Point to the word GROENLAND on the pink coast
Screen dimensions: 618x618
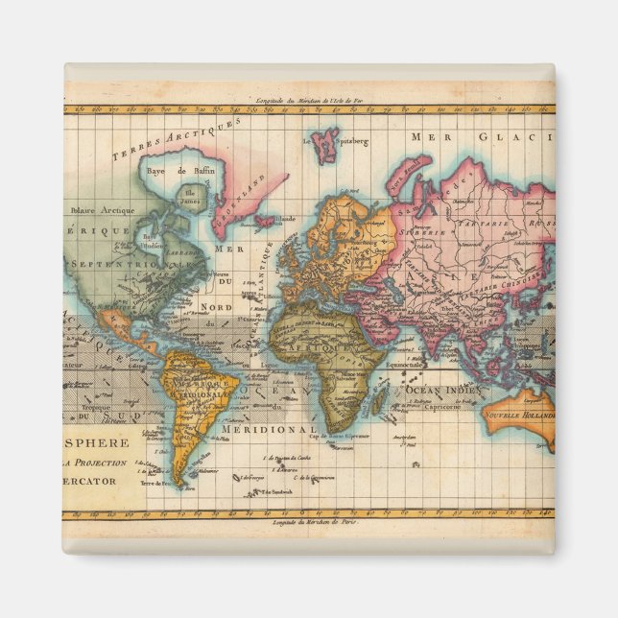(x=246, y=191)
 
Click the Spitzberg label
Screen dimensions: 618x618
(x=352, y=141)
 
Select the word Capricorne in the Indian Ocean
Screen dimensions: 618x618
(x=442, y=406)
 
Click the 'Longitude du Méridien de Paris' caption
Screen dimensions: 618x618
(x=308, y=523)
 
